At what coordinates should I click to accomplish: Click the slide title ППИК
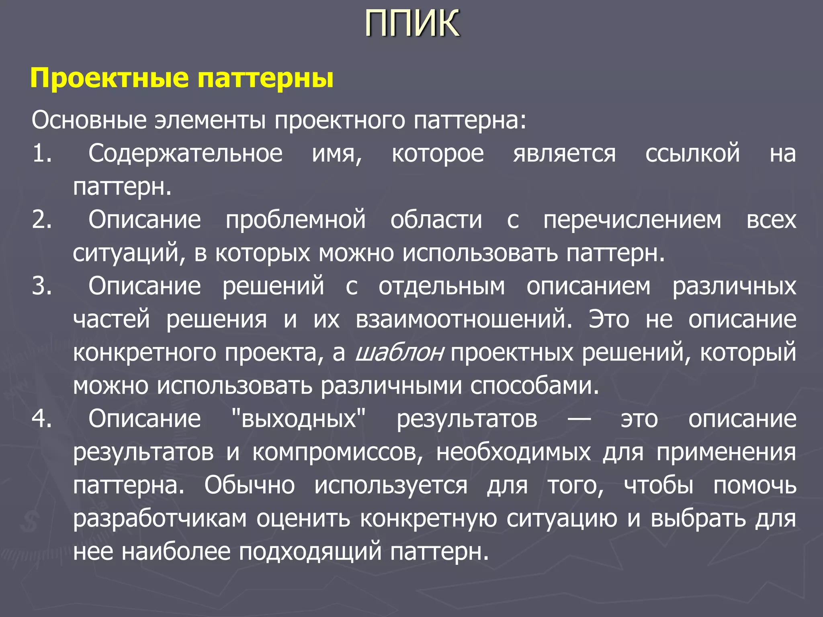click(412, 24)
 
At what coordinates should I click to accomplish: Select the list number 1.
click(42, 153)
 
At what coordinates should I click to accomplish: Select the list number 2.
click(42, 220)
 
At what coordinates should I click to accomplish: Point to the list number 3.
click(42, 286)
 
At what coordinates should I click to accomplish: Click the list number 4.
click(42, 419)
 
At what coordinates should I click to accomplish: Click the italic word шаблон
click(399, 352)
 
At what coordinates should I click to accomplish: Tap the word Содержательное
click(185, 153)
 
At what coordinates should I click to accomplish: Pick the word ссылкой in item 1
click(692, 153)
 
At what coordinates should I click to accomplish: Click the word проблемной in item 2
click(295, 221)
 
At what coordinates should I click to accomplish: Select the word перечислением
click(632, 221)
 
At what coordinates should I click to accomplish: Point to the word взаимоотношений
click(463, 320)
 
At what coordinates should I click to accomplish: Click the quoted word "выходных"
click(299, 419)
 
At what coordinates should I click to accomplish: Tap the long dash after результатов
click(579, 419)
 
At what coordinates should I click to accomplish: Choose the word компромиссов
click(338, 453)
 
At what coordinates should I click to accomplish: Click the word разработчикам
click(160, 519)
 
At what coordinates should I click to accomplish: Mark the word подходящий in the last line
click(310, 552)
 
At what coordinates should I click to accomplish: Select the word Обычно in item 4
click(250, 485)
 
